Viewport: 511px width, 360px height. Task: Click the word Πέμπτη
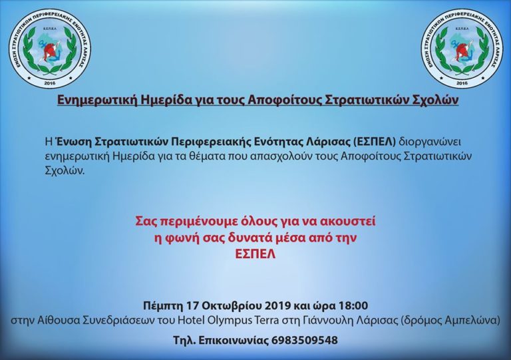pyautogui.click(x=162, y=306)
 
